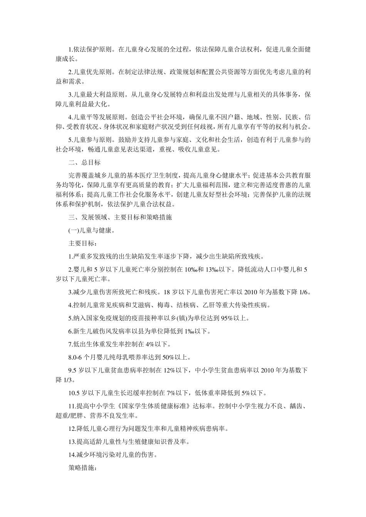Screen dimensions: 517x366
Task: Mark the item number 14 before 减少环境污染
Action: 72,455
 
